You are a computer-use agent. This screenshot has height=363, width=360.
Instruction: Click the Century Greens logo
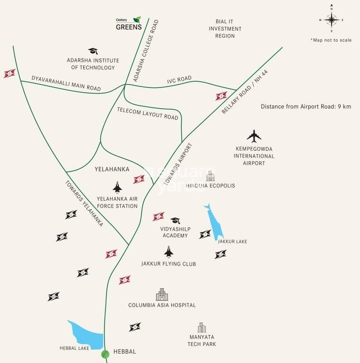(x=129, y=23)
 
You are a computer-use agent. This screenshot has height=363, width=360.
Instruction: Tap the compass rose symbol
(x=332, y=19)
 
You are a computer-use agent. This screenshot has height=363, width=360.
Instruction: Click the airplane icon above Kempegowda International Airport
(x=255, y=137)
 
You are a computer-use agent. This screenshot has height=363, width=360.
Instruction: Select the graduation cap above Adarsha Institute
(x=92, y=51)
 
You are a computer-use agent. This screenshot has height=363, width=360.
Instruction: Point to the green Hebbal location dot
(x=105, y=354)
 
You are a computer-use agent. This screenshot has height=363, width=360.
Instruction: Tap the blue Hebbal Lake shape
(x=88, y=335)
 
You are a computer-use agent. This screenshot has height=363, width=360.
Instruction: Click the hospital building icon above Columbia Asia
(x=162, y=295)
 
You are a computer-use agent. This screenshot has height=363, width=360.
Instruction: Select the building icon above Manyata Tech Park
(x=202, y=328)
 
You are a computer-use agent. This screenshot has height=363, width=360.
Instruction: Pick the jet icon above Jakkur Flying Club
(x=168, y=252)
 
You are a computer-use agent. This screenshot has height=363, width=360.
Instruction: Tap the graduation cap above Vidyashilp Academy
(x=175, y=221)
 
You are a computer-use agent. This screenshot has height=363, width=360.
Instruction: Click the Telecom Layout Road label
(x=148, y=113)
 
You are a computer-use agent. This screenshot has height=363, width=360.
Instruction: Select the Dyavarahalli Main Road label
(x=66, y=84)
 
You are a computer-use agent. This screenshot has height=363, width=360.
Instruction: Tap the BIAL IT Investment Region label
(x=228, y=29)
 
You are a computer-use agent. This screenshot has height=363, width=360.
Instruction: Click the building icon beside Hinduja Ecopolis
(x=210, y=176)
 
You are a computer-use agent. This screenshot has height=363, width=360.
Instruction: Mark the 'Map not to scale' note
(x=331, y=40)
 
